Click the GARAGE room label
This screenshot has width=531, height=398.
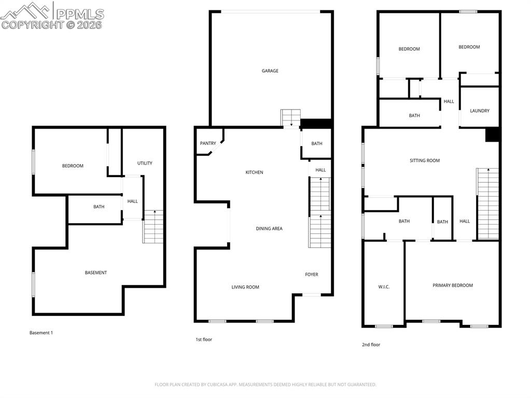click(270, 71)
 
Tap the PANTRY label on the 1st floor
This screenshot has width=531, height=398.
click(208, 143)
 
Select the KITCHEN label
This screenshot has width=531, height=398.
click(254, 172)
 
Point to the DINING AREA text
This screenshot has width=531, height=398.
click(269, 228)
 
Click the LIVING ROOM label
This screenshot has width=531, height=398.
click(245, 287)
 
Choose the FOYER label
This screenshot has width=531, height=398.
click(311, 275)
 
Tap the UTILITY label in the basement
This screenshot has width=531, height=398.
click(145, 163)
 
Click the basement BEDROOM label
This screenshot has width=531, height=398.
click(73, 166)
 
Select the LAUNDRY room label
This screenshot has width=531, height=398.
click(479, 111)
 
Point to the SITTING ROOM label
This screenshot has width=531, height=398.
click(425, 161)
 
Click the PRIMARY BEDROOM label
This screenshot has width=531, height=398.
click(452, 285)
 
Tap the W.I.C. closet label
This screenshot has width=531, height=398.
click(384, 287)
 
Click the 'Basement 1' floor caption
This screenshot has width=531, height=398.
click(41, 333)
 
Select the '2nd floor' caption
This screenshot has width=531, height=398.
click(371, 345)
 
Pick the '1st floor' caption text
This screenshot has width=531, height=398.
click(203, 339)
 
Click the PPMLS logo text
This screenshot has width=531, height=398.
click(79, 14)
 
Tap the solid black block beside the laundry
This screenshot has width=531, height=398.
click(492, 134)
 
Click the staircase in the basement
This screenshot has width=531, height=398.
click(153, 227)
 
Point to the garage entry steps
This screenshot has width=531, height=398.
click(290, 118)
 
